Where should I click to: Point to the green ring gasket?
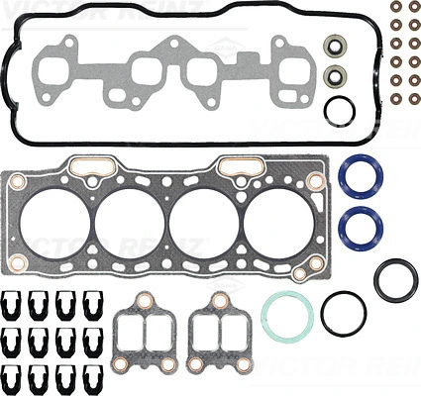[287, 315]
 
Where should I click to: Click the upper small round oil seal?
[336, 45]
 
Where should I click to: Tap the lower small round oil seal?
[336, 76]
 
